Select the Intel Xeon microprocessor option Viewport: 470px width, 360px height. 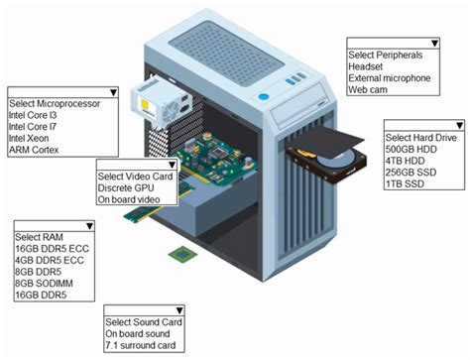(29, 138)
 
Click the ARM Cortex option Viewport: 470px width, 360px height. (34, 150)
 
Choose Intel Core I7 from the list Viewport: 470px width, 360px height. (33, 127)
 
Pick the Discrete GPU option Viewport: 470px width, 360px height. (126, 187)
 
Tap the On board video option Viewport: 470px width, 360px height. (129, 199)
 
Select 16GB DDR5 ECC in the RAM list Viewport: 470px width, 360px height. (53, 249)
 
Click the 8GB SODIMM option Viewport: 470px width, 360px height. (44, 284)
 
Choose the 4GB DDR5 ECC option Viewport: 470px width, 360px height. (50, 260)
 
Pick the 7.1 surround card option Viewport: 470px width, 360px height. (141, 345)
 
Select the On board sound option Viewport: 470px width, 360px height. (138, 334)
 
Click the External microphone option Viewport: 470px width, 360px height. (390, 78)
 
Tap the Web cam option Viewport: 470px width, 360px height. (368, 89)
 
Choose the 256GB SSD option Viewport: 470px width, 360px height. (411, 173)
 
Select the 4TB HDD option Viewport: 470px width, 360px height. (405, 161)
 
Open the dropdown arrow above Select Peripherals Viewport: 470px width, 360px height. (435, 44)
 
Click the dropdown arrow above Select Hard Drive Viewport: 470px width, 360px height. (460, 125)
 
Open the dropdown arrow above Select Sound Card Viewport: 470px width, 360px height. (179, 310)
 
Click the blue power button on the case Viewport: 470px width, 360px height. (263, 97)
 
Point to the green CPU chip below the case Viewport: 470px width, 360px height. (182, 255)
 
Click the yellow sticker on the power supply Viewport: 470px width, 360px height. (145, 104)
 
